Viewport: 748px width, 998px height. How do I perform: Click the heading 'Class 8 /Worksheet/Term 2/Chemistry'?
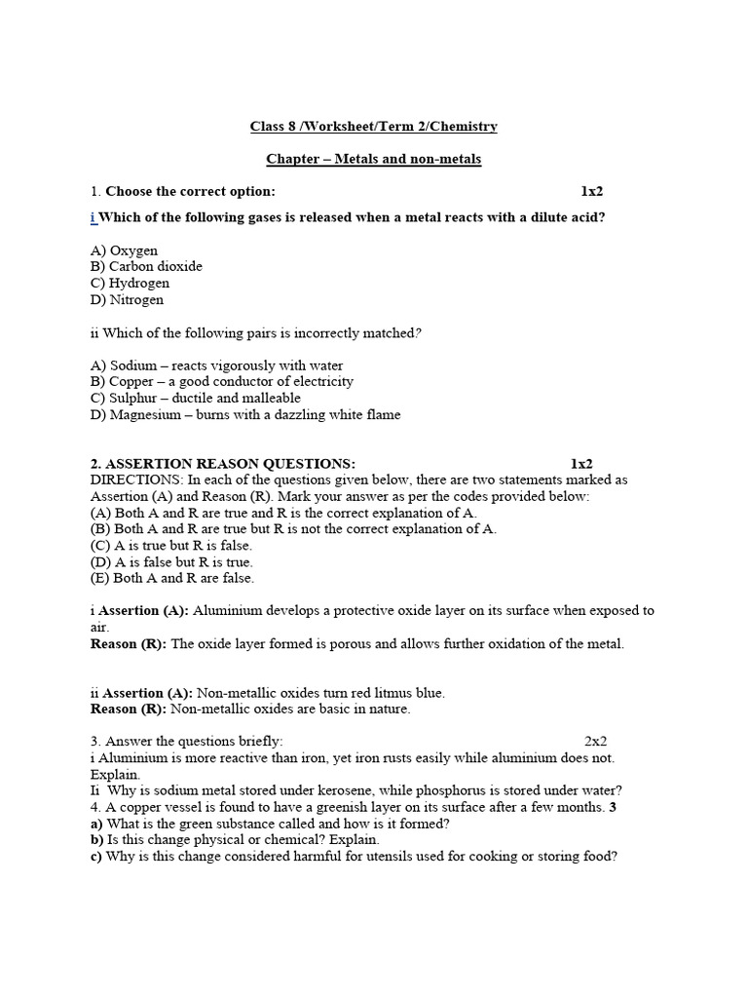pos(374,126)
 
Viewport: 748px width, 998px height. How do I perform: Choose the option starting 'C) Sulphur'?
pos(196,398)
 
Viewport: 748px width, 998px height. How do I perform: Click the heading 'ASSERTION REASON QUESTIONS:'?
pos(230,464)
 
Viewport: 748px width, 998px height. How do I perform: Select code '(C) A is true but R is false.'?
pos(170,546)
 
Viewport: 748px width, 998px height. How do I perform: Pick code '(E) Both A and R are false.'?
pos(172,578)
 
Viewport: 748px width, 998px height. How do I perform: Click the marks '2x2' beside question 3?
pos(596,742)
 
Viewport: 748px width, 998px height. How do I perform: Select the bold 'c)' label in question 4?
pos(97,857)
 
